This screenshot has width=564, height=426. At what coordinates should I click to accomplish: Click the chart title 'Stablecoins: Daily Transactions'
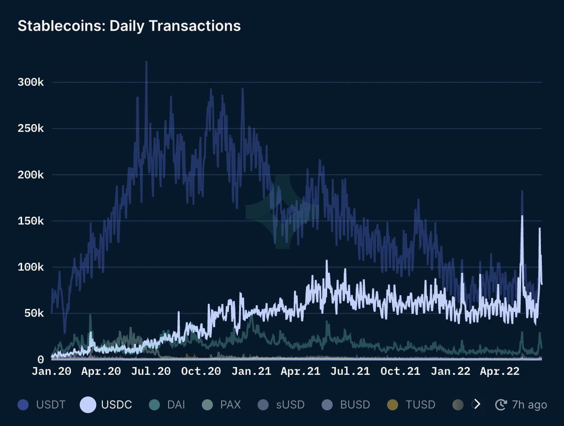click(129, 26)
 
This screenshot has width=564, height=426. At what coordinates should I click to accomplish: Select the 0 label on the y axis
click(40, 360)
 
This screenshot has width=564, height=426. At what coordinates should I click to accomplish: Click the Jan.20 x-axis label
click(52, 371)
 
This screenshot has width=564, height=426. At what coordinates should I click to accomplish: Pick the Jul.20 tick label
click(151, 371)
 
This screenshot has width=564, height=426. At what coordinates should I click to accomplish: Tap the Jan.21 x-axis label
click(251, 371)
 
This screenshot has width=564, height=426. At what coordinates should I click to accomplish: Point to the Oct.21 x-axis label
click(400, 371)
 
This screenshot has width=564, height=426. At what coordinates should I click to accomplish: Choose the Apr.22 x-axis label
click(500, 371)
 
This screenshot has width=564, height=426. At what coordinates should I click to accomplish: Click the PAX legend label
click(230, 404)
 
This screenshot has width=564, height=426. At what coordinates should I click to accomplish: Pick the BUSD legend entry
click(355, 404)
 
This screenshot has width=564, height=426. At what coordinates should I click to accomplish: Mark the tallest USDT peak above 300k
click(146, 62)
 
